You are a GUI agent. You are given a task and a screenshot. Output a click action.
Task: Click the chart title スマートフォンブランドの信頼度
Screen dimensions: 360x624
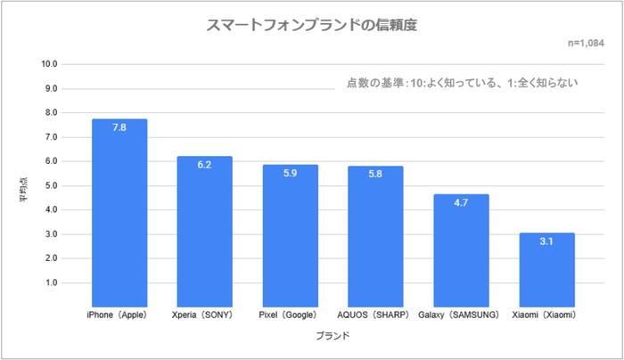[311, 25]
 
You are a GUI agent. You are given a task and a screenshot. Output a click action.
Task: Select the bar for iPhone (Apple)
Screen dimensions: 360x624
[119, 214]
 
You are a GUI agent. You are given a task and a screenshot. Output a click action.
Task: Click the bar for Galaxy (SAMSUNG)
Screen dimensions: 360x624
[461, 250]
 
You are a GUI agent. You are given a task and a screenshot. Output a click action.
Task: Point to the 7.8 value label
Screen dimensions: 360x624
[119, 128]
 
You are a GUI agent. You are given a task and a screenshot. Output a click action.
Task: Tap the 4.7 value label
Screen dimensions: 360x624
[461, 203]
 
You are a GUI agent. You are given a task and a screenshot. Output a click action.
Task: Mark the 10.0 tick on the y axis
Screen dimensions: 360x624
[48, 64]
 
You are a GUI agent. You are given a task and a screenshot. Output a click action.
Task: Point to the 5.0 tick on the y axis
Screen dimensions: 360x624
[50, 186]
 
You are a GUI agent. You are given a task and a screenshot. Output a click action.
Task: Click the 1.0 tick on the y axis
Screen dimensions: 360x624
[50, 283]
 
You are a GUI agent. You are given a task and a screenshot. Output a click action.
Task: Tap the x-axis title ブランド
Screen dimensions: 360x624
[333, 337]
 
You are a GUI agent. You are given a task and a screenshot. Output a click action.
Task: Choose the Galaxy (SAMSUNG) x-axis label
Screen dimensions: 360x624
[461, 315]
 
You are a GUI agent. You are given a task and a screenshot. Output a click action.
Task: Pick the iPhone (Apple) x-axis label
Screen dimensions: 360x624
[119, 315]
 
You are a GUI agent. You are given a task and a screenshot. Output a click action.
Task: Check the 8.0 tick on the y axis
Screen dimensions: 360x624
[50, 113]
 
